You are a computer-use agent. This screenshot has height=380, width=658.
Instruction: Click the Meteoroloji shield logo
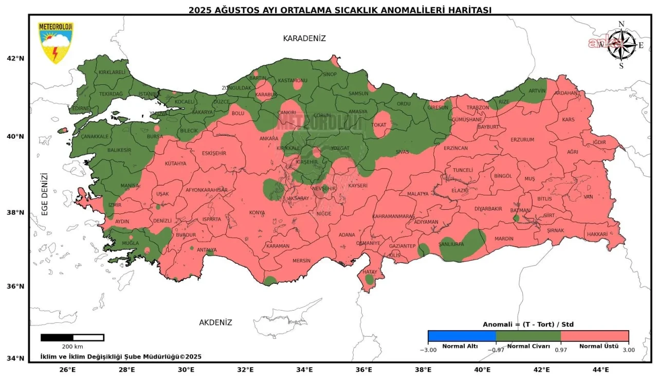(x=56, y=43)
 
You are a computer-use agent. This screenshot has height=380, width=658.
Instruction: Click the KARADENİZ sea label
(x=304, y=39)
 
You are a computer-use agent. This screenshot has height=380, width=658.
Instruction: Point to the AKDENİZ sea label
(x=215, y=322)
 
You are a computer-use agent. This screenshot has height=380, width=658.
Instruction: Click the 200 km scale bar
(x=72, y=338)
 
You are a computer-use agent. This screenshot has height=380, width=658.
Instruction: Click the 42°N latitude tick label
(x=15, y=58)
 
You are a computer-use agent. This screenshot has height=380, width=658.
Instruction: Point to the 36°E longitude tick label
(x=364, y=369)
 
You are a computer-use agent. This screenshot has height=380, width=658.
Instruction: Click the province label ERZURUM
(x=522, y=139)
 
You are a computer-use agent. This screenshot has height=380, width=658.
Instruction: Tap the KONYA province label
(x=257, y=213)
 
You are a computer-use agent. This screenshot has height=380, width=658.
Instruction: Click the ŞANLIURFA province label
(x=451, y=244)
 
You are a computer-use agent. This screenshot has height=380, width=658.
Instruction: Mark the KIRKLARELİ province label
(x=112, y=73)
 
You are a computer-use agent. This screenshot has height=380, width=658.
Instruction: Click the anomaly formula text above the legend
(x=528, y=324)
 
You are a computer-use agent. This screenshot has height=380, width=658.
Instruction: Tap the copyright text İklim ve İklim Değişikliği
(x=120, y=356)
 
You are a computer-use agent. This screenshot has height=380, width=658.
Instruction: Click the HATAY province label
(x=370, y=272)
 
